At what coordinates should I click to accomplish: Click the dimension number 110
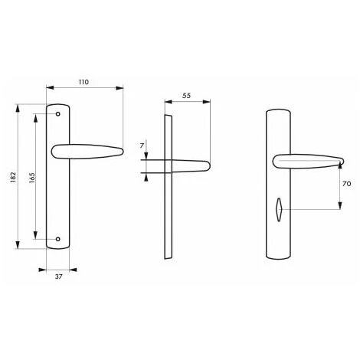click(x=84, y=81)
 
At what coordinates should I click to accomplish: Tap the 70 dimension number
click(x=345, y=185)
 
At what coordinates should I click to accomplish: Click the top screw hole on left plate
click(x=59, y=114)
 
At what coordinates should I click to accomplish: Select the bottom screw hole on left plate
click(x=59, y=237)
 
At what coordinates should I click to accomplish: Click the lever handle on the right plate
click(x=306, y=162)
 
